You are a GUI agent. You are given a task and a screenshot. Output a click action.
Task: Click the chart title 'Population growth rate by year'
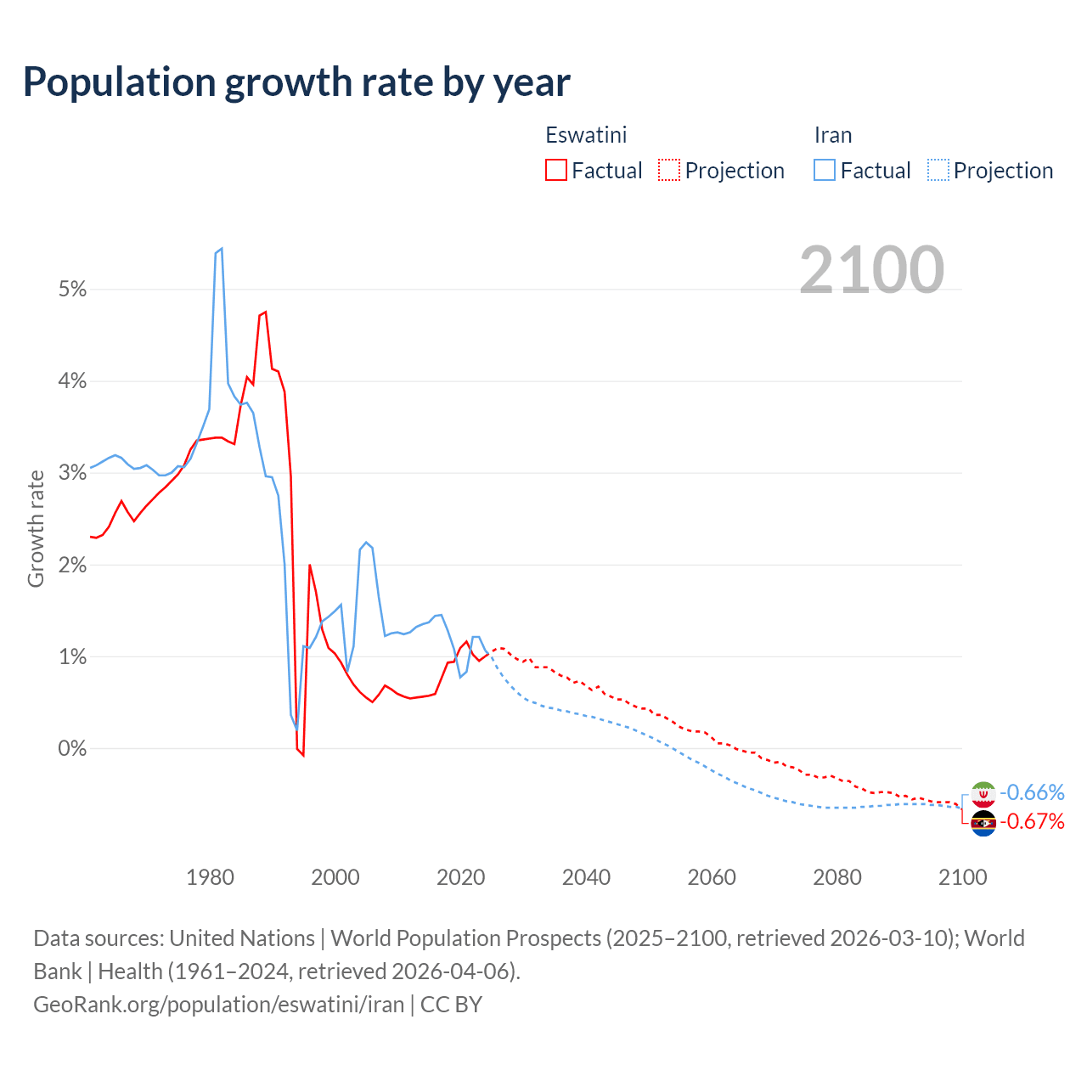coord(296,82)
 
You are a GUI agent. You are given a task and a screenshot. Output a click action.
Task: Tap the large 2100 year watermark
coord(871,270)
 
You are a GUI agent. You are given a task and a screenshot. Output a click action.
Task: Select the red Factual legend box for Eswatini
coord(556,171)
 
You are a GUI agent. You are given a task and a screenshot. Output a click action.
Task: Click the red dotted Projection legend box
coord(669,171)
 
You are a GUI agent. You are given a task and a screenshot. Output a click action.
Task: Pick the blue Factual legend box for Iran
coord(825,171)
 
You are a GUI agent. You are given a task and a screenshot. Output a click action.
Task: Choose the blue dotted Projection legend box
coord(938,171)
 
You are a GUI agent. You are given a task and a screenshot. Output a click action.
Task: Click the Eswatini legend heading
coord(586,135)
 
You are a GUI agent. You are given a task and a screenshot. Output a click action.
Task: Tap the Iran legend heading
coord(833,135)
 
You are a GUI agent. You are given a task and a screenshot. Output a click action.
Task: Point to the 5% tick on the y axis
coord(73,290)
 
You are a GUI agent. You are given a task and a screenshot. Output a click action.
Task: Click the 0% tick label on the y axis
coord(73,749)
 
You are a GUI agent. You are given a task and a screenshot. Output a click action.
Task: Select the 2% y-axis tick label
coord(73,566)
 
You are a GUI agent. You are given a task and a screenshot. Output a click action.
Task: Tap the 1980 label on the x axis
coord(210,877)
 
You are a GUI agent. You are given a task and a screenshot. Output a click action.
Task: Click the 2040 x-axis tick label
coord(586,877)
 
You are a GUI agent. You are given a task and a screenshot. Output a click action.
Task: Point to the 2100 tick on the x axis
coord(962,877)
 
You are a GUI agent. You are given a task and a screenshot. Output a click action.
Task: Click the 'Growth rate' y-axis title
coord(36,528)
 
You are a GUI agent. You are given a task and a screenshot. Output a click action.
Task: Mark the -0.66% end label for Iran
coord(1032,792)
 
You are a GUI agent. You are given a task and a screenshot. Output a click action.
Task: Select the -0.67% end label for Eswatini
coord(1032,821)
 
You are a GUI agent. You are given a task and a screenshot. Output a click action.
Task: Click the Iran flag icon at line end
coord(983,793)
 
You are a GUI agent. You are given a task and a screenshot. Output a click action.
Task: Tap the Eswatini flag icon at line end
coord(983,823)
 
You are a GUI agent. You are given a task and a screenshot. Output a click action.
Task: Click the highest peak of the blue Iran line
coord(221,249)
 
